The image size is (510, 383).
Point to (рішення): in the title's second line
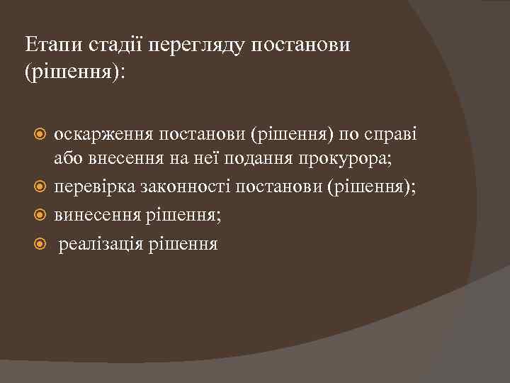click(x=73, y=72)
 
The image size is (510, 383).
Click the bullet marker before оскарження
click(x=42, y=133)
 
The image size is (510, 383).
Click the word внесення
click(x=125, y=160)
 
